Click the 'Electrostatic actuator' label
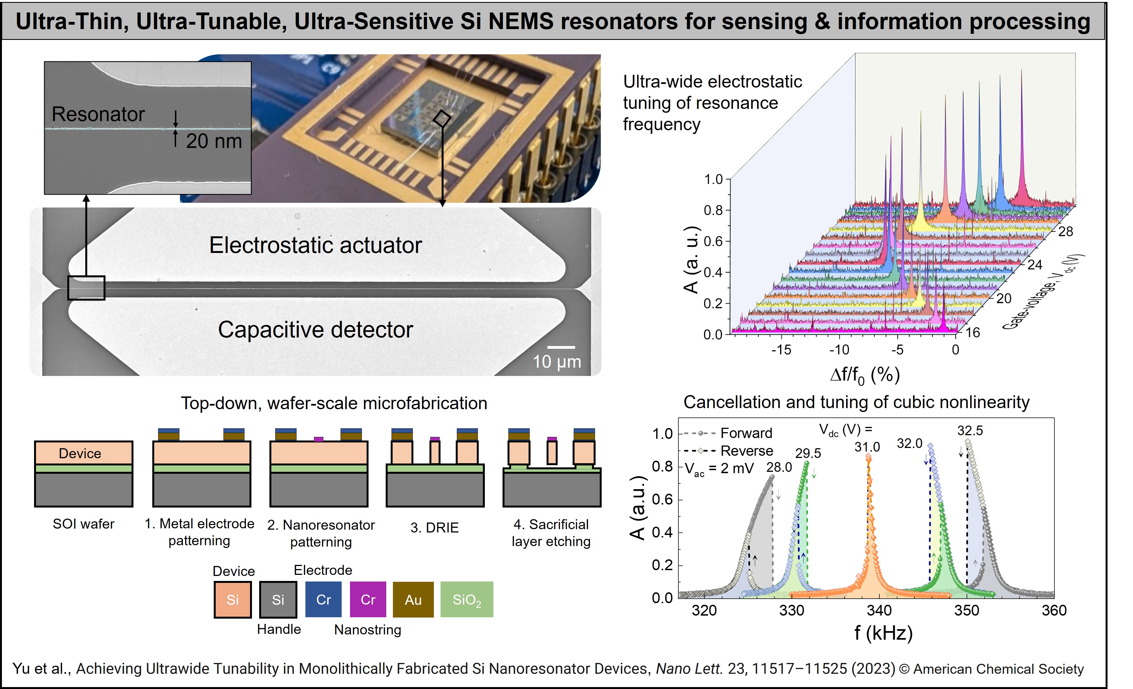click(x=315, y=245)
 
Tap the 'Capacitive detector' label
click(x=315, y=330)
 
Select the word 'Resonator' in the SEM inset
click(x=98, y=114)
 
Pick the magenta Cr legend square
click(x=368, y=599)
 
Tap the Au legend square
click(x=413, y=599)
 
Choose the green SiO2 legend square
click(x=466, y=599)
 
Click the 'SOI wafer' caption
click(x=83, y=524)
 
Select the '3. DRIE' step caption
click(x=434, y=527)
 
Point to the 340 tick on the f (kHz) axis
click(x=879, y=610)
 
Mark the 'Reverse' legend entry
click(x=746, y=451)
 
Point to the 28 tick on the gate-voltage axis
click(x=1065, y=231)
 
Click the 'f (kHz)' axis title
click(x=883, y=633)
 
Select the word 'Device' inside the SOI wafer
click(x=80, y=454)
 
